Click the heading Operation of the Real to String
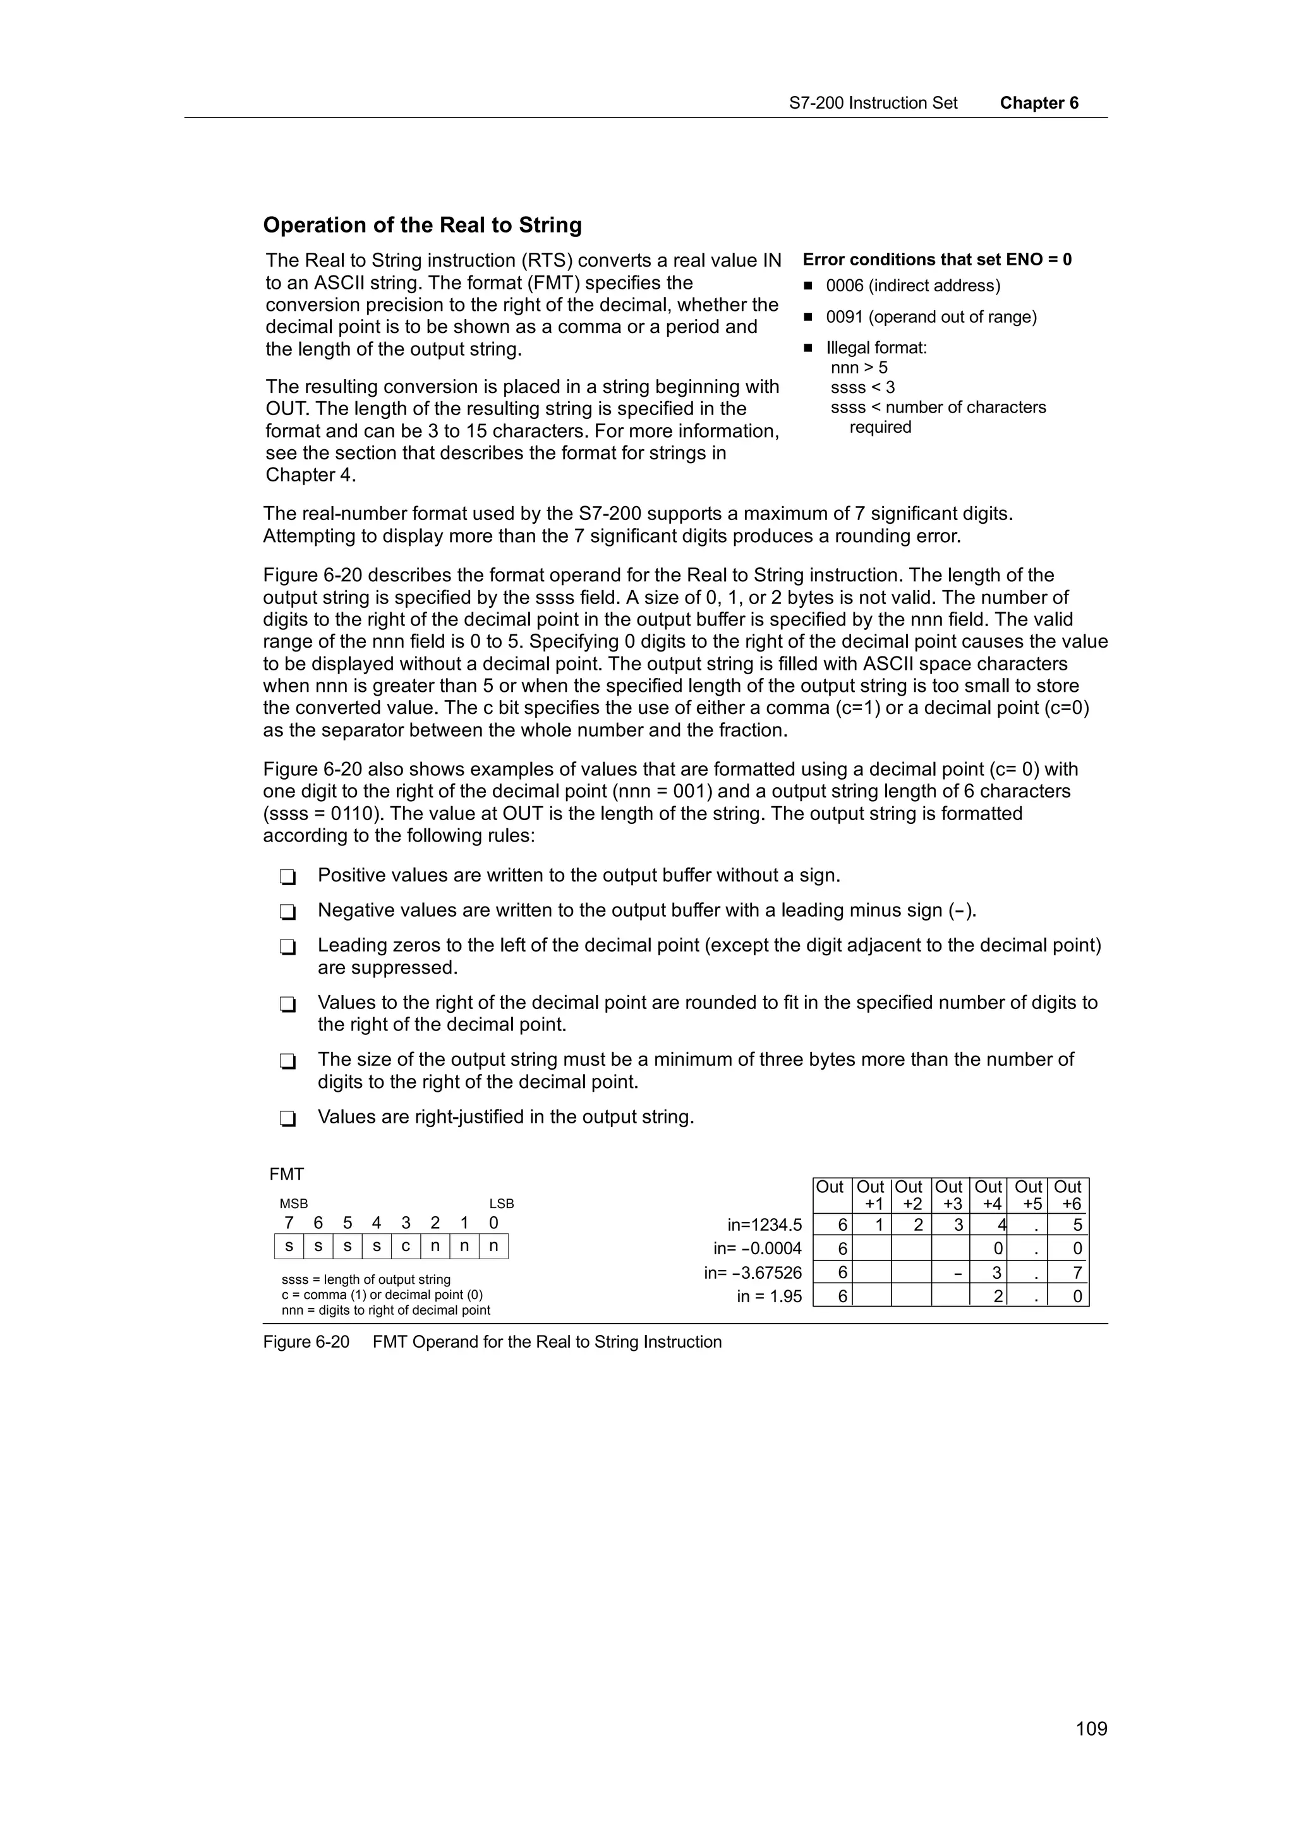(422, 226)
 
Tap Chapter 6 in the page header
(1039, 103)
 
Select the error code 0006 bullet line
(912, 286)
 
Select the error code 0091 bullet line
(931, 317)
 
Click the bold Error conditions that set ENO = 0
(937, 259)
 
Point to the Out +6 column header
(1068, 1195)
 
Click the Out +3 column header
(949, 1195)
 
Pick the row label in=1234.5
(764, 1226)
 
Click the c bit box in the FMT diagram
(405, 1246)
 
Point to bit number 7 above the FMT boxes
(289, 1223)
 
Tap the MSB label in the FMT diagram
(293, 1204)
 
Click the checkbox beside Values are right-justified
(288, 1119)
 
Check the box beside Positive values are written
(288, 877)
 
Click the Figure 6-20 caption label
(306, 1342)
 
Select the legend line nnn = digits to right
(386, 1310)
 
